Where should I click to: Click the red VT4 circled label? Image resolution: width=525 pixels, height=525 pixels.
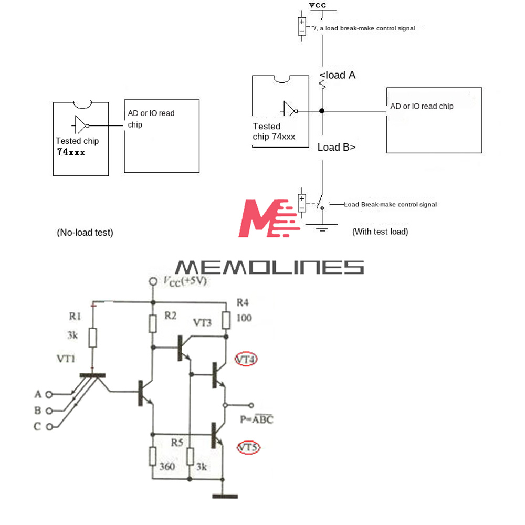point(246,360)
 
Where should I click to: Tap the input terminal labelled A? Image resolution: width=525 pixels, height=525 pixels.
point(49,394)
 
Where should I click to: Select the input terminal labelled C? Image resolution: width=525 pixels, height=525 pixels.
point(49,426)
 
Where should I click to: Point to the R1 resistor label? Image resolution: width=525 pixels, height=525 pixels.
point(75,316)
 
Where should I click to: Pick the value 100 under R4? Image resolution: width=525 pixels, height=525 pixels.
point(244,318)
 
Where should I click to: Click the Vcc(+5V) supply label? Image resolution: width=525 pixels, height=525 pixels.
point(184,281)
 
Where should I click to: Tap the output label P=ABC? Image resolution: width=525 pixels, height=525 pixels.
point(257,419)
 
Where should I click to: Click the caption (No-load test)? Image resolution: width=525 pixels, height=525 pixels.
point(85,232)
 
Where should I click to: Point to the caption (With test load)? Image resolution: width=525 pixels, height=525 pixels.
point(380,231)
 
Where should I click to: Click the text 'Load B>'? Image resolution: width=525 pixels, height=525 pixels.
point(337,148)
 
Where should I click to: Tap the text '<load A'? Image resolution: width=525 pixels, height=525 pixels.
point(338,75)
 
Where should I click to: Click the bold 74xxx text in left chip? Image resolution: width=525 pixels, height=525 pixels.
point(71,152)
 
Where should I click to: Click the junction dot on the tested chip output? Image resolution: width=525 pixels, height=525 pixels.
point(322,111)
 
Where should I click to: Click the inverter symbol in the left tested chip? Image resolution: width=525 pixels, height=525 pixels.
point(81,125)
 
